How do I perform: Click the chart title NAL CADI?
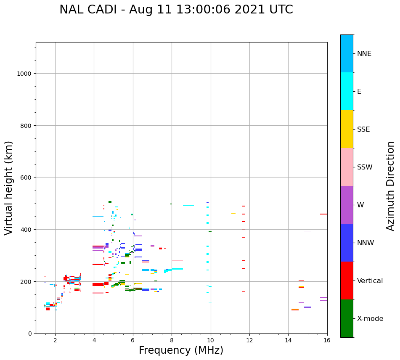[x=176, y=10]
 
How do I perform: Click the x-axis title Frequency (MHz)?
[x=181, y=350]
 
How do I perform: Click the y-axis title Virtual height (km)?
[x=9, y=188]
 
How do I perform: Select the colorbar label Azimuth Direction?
[x=391, y=186]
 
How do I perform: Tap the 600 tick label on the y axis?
[x=26, y=177]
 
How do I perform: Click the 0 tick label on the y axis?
[x=29, y=334]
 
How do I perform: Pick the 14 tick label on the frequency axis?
[x=288, y=341]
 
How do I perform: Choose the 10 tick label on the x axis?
[x=210, y=341]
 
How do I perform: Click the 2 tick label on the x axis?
[x=55, y=341]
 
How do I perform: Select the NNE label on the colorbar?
[x=364, y=54]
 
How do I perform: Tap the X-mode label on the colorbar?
[x=370, y=319]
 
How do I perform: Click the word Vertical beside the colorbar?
[x=370, y=281]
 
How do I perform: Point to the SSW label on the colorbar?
[x=365, y=167]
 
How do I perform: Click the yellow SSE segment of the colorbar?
[x=347, y=129]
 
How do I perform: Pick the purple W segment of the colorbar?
[x=347, y=205]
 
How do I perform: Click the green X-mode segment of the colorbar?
[x=347, y=318]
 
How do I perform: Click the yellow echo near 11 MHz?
[x=233, y=213]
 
